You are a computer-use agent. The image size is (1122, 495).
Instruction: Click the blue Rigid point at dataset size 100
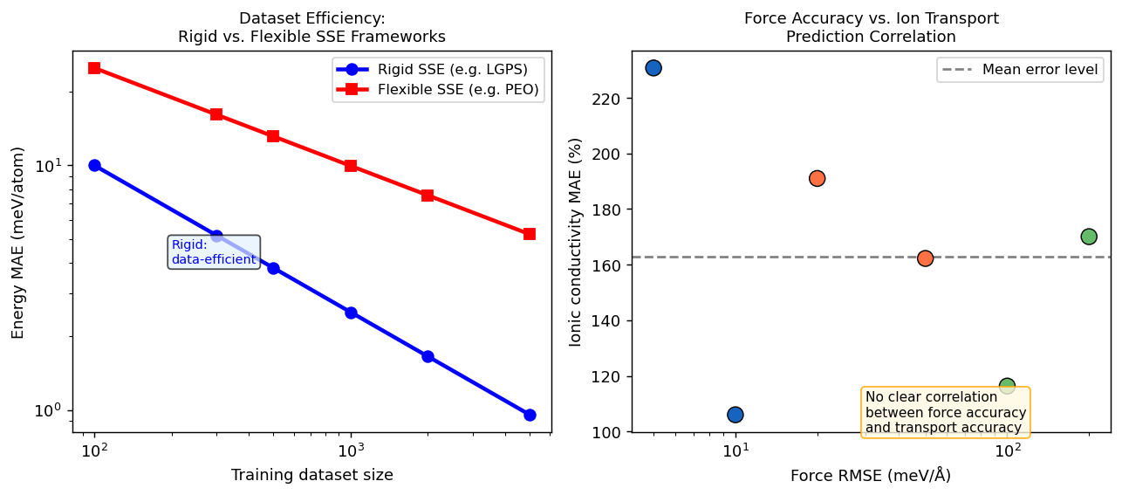pyautogui.click(x=94, y=166)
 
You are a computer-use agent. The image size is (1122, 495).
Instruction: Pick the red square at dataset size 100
pyautogui.click(x=94, y=68)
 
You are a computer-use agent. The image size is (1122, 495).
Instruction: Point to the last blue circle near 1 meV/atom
pyautogui.click(x=530, y=415)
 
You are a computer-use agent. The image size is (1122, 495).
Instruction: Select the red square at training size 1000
pyautogui.click(x=351, y=166)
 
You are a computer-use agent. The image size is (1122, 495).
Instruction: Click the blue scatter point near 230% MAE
pyautogui.click(x=653, y=68)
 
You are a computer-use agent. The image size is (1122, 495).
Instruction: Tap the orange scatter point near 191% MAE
pyautogui.click(x=817, y=178)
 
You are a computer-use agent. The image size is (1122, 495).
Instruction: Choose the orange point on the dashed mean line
pyautogui.click(x=926, y=258)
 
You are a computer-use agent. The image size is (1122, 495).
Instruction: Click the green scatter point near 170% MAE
pyautogui.click(x=1089, y=237)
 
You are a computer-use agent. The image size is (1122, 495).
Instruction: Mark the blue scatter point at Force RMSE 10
pyautogui.click(x=735, y=415)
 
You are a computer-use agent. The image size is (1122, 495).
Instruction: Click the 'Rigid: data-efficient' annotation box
pyautogui.click(x=214, y=252)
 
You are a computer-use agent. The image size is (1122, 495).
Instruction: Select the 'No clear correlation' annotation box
pyautogui.click(x=946, y=412)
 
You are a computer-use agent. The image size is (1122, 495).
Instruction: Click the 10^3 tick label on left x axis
pyautogui.click(x=351, y=450)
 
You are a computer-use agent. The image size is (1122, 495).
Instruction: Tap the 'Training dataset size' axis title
pyautogui.click(x=311, y=476)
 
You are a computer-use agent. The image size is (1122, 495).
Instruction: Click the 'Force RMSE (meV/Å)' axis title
pyautogui.click(x=870, y=476)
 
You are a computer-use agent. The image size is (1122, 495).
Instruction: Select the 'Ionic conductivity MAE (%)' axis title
pyautogui.click(x=575, y=241)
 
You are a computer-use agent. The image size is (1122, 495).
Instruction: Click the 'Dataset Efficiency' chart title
pyautogui.click(x=311, y=18)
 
